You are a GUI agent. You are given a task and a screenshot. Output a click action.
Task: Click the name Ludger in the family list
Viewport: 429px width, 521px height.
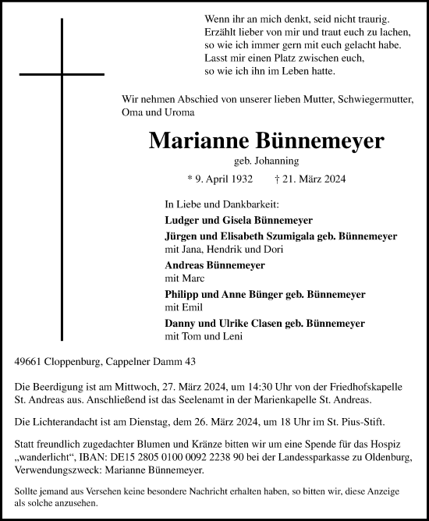pyautogui.click(x=183, y=221)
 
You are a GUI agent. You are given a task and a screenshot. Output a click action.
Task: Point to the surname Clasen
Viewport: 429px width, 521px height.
pyautogui.click(x=268, y=323)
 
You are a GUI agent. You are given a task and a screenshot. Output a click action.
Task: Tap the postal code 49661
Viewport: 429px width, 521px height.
pyautogui.click(x=28, y=361)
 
